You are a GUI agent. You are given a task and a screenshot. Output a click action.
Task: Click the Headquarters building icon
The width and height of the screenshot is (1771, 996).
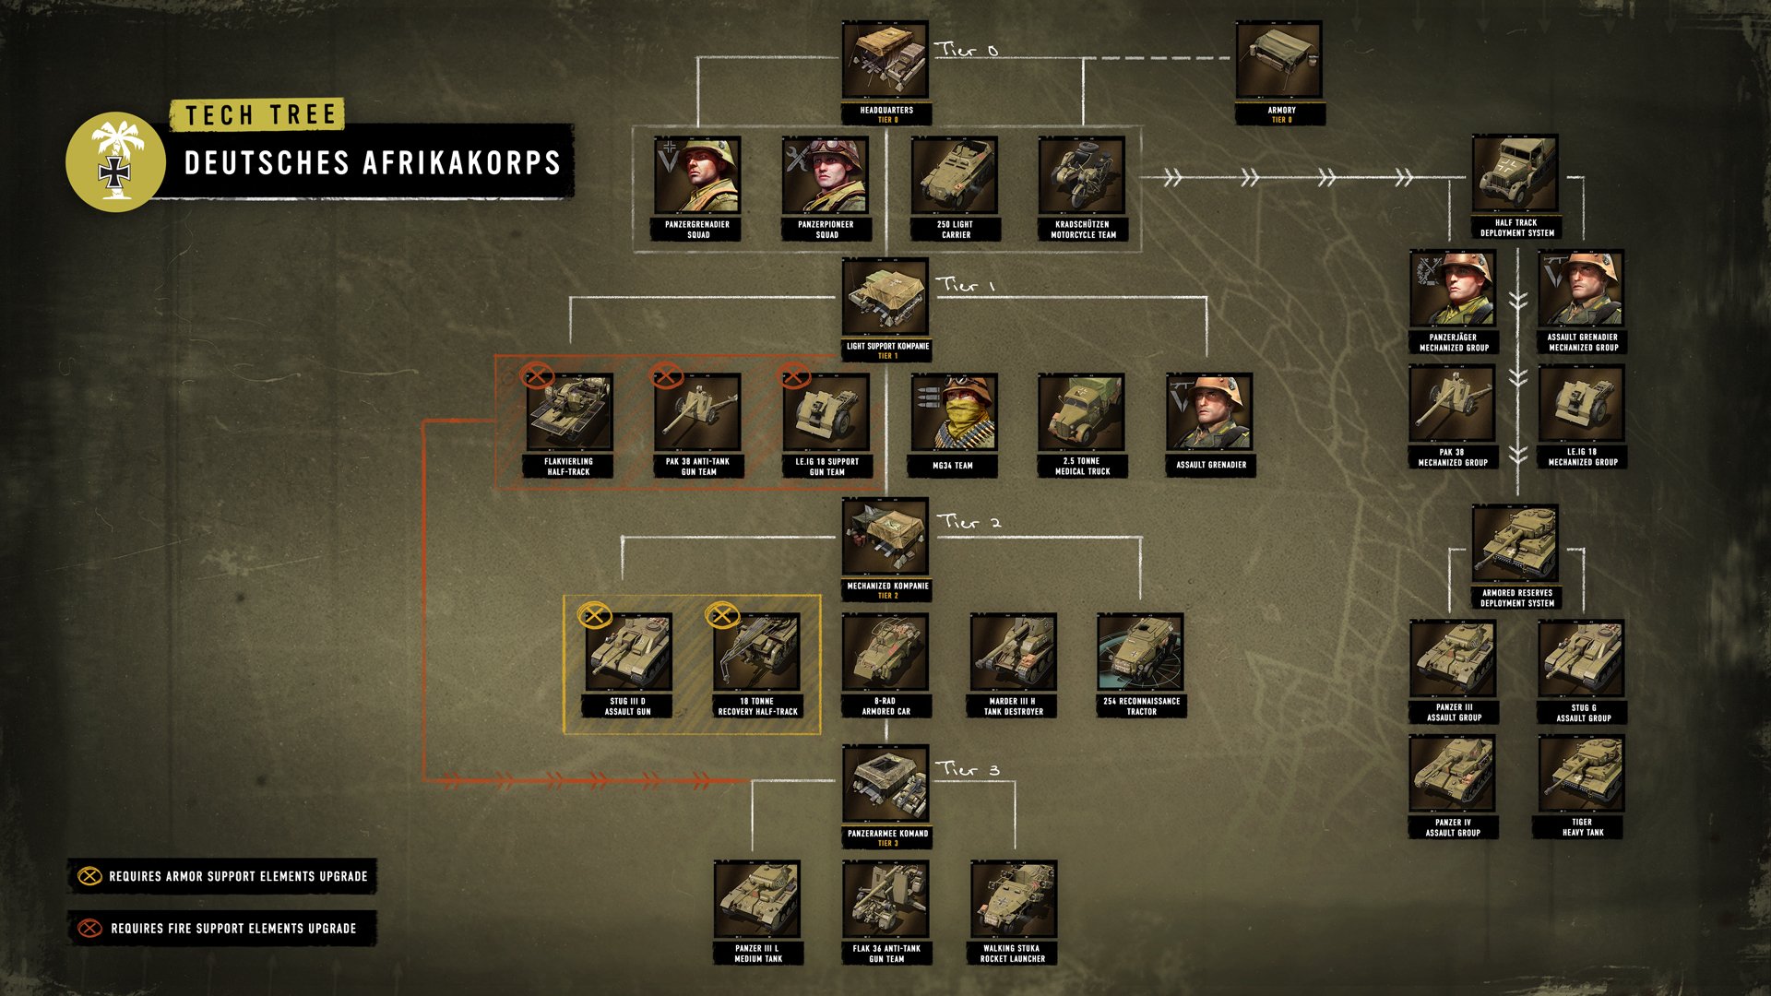[x=885, y=61]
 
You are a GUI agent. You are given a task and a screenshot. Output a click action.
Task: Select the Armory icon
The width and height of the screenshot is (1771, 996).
[x=1278, y=61]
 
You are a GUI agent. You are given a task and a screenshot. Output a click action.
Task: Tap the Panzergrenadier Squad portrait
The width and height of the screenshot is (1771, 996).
[x=697, y=175]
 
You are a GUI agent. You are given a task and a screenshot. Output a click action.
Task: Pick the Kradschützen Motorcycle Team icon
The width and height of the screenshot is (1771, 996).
[x=1082, y=175]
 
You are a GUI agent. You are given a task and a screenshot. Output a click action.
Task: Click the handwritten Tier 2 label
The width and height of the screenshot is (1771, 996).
[x=969, y=522]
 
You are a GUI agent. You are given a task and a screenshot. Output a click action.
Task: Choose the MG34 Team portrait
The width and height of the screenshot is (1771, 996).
[x=953, y=412]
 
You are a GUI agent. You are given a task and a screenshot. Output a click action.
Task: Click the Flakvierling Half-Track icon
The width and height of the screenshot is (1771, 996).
[x=569, y=412]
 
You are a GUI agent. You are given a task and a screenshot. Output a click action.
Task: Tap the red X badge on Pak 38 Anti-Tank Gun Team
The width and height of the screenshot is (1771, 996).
[x=666, y=376]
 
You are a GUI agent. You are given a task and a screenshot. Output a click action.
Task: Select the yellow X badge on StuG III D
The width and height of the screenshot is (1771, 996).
[x=594, y=614]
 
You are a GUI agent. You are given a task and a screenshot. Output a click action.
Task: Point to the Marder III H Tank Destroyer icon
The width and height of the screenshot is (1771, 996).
[x=1013, y=653]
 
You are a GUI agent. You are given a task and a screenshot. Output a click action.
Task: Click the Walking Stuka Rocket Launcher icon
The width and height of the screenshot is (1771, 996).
[x=1013, y=899]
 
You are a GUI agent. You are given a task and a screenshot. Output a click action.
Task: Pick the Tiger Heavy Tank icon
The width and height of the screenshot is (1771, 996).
[x=1581, y=775]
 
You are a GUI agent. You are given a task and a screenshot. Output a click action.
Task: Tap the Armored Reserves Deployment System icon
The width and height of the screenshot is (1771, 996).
[x=1515, y=544]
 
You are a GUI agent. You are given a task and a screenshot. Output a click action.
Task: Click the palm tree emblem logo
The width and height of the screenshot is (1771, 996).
[x=115, y=161]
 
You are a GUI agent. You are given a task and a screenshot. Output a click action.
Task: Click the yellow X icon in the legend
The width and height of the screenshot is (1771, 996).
[x=89, y=876]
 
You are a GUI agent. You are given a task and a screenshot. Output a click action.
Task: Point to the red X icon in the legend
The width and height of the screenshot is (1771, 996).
[x=89, y=928]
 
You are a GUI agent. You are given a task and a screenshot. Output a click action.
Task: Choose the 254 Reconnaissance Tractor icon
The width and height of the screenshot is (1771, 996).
[x=1140, y=653]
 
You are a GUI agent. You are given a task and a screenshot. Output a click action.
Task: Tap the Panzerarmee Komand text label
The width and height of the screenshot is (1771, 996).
[x=887, y=834]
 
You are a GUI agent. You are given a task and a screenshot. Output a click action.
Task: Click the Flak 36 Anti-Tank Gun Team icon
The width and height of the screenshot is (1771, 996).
[x=885, y=899]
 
